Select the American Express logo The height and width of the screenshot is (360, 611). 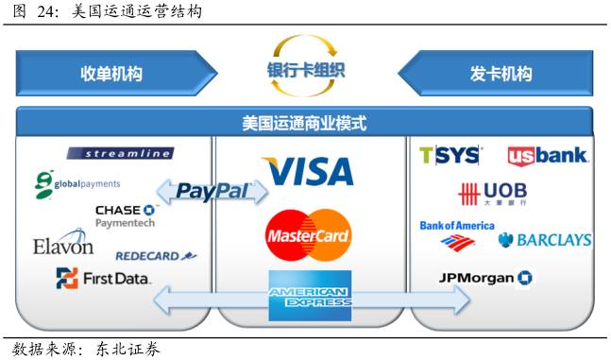coord(309,296)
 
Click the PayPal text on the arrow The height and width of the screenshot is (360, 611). coord(212,192)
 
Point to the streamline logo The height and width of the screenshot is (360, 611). coord(120,153)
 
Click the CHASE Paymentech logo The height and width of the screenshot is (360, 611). coord(125,215)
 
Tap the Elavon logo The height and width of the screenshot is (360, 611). coord(62,246)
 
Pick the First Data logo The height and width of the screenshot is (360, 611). coord(103,279)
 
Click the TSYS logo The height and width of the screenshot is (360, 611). coord(450,155)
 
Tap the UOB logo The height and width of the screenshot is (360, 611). coord(492,194)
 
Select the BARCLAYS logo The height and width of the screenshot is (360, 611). coord(545,240)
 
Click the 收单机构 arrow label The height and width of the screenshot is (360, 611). coord(111,74)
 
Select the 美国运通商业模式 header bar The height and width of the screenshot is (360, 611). coord(304,123)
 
